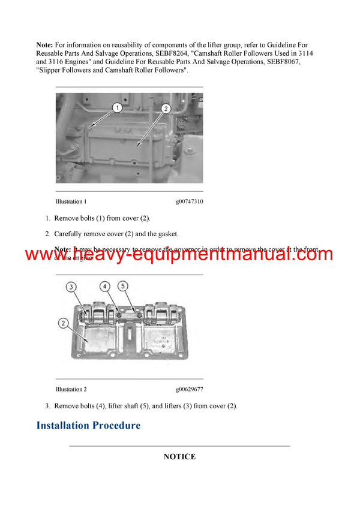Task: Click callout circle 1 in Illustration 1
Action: [117, 108]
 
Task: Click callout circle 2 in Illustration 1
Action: [166, 109]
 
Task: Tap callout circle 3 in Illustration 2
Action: [71, 287]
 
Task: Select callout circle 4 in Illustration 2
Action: [104, 286]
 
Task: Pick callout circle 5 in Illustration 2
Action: [123, 286]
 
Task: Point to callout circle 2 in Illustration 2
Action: [63, 324]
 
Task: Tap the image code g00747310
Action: [189, 202]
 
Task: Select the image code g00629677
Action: [189, 390]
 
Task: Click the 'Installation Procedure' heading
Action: [88, 426]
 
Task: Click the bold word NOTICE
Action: [179, 457]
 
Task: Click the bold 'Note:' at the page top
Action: [45, 45]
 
